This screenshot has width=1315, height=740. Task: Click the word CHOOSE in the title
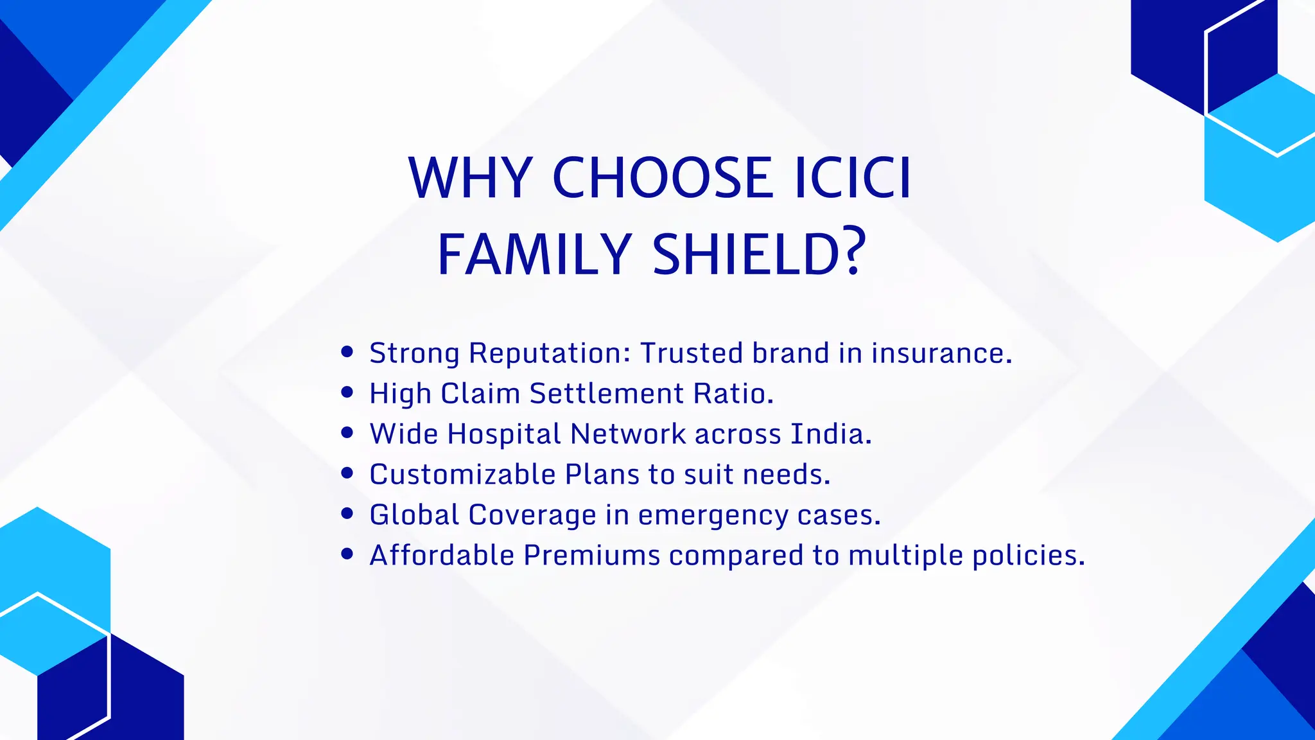point(663,178)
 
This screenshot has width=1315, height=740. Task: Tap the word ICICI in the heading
point(853,178)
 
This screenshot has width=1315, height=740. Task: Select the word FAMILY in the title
point(534,254)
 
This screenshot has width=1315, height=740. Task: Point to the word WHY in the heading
point(471,178)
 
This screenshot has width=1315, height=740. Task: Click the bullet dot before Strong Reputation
point(347,352)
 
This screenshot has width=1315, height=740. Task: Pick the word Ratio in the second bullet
point(732,394)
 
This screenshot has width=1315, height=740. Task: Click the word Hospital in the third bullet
point(505,435)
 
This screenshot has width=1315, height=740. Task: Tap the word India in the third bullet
point(830,434)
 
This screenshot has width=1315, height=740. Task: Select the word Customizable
point(462,475)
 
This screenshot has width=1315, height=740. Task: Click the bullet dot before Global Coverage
point(347,513)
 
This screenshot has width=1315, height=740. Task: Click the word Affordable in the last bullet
point(442,556)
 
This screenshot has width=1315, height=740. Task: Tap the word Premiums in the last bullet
point(591,556)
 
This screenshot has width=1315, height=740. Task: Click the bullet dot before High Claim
point(347,392)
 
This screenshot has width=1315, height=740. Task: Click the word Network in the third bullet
point(628,434)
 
